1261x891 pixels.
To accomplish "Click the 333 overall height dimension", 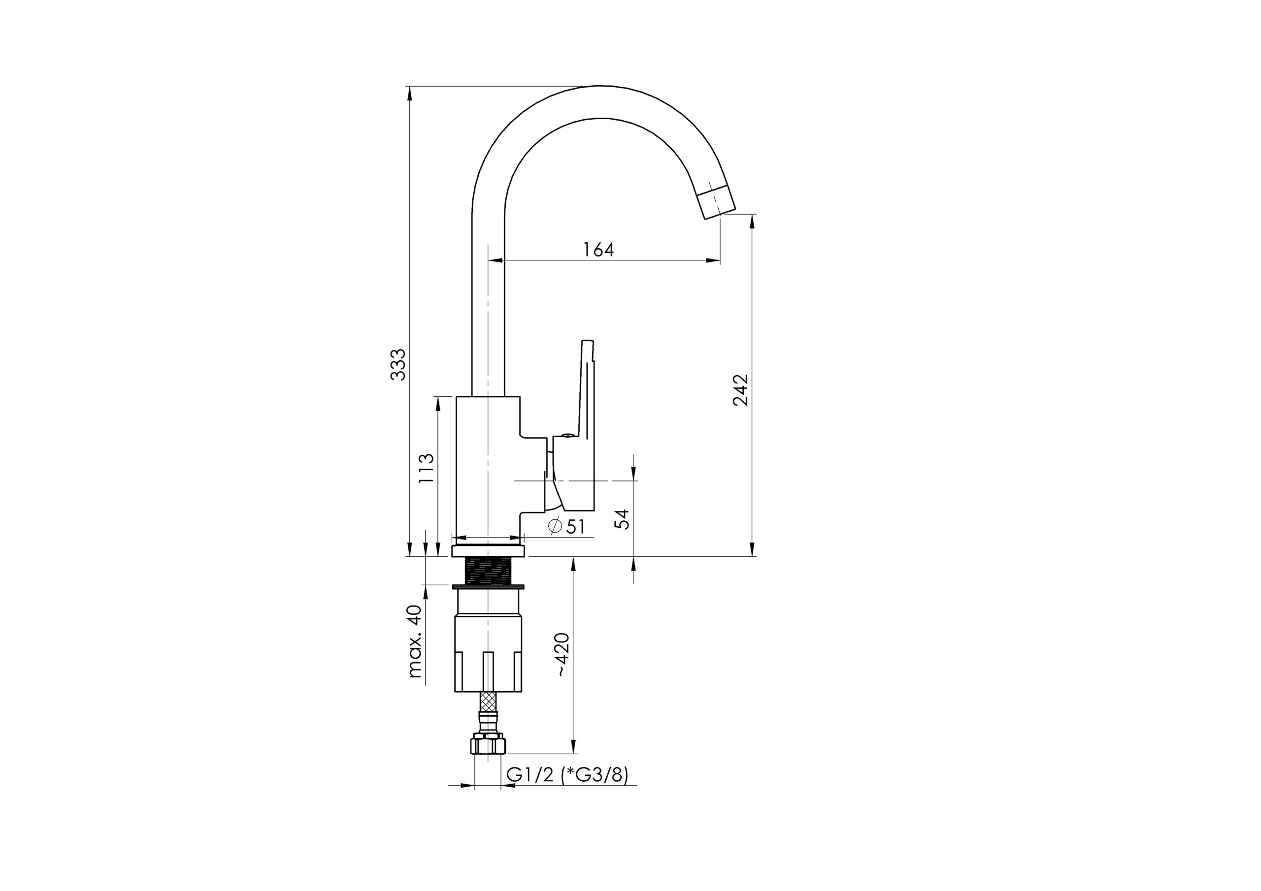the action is coord(398,364).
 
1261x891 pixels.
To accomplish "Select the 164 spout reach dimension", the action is coord(598,250).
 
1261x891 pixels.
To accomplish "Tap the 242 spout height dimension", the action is coord(740,390).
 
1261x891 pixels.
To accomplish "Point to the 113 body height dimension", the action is coord(426,468).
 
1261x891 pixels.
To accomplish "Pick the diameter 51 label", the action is coord(566,526).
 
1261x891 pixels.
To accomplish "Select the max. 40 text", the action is coord(416,641).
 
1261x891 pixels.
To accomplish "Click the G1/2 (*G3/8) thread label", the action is coord(567,774).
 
